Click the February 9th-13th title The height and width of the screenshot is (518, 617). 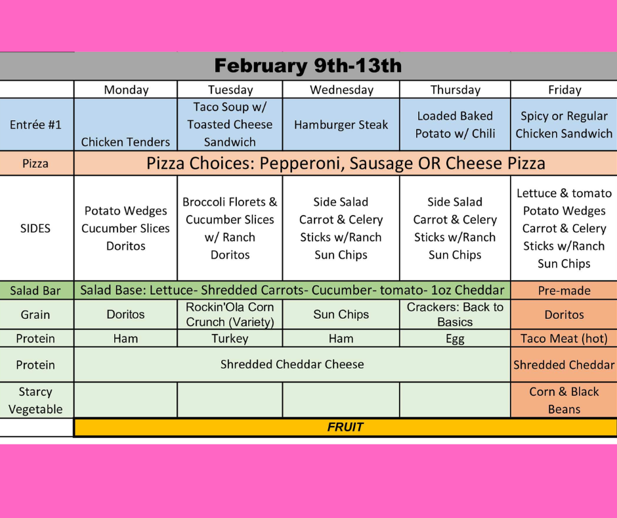pyautogui.click(x=308, y=66)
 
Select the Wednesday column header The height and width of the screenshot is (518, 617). pyautogui.click(x=341, y=90)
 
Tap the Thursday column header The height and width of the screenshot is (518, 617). pyautogui.click(x=455, y=90)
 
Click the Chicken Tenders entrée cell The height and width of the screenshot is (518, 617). pyautogui.click(x=125, y=142)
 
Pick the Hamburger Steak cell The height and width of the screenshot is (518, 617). pyautogui.click(x=341, y=124)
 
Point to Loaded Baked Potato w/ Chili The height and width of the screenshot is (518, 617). pyautogui.click(x=455, y=124)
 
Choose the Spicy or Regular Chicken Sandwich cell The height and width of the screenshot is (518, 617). pyautogui.click(x=564, y=124)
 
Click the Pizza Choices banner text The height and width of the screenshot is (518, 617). pyautogui.click(x=346, y=163)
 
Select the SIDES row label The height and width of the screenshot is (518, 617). pyautogui.click(x=35, y=228)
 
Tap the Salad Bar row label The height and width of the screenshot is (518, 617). pyautogui.click(x=35, y=291)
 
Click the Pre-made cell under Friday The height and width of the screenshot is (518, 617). pyautogui.click(x=564, y=291)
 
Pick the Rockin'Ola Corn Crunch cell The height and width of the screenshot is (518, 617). pyautogui.click(x=230, y=314)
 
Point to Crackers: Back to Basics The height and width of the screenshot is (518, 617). pyautogui.click(x=455, y=314)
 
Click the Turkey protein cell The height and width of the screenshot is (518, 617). pyautogui.click(x=230, y=339)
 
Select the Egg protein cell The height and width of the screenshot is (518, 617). pyautogui.click(x=455, y=339)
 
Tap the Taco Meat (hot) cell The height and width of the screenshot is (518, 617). pyautogui.click(x=564, y=339)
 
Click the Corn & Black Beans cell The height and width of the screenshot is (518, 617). pyautogui.click(x=564, y=400)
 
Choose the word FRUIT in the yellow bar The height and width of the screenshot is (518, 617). pyautogui.click(x=345, y=427)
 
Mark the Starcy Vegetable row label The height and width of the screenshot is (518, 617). pyautogui.click(x=35, y=400)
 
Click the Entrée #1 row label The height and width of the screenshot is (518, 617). pyautogui.click(x=35, y=124)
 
